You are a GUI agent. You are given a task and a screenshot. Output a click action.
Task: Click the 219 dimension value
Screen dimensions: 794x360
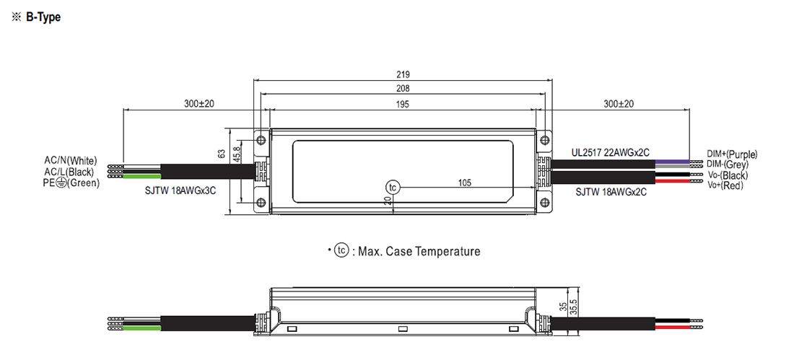[x=403, y=74]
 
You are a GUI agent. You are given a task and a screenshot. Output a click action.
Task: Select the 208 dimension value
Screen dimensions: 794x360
[x=403, y=89]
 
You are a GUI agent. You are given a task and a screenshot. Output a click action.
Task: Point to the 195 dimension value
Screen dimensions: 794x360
[x=403, y=104]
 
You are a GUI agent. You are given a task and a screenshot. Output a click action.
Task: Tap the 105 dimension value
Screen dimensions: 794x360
[x=465, y=183]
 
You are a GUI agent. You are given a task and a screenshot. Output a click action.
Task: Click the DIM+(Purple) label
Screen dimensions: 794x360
[x=732, y=154]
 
